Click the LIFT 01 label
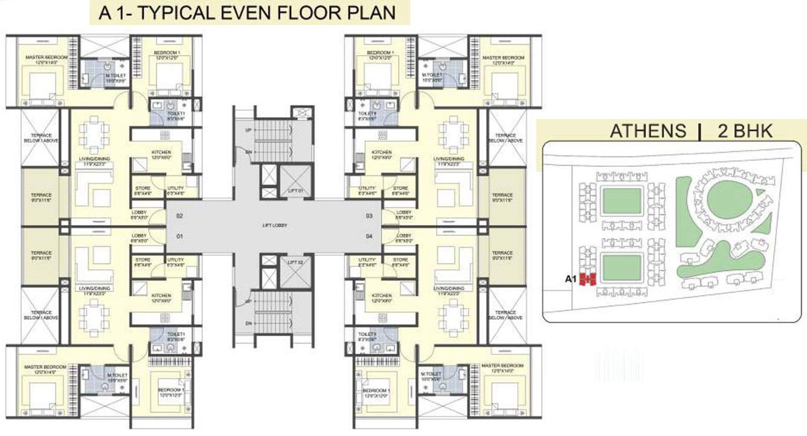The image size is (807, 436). coord(294,192)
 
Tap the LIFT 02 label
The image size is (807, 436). coord(294,262)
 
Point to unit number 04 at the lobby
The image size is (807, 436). coord(368,236)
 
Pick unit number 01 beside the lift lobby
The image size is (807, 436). coord(179,236)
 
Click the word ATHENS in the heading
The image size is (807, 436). coord(648,131)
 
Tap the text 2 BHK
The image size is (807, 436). coord(745,131)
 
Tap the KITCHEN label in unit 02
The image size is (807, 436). coord(161,152)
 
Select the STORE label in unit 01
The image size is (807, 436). coord(143,259)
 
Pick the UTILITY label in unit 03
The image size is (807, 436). coord(367,189)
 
